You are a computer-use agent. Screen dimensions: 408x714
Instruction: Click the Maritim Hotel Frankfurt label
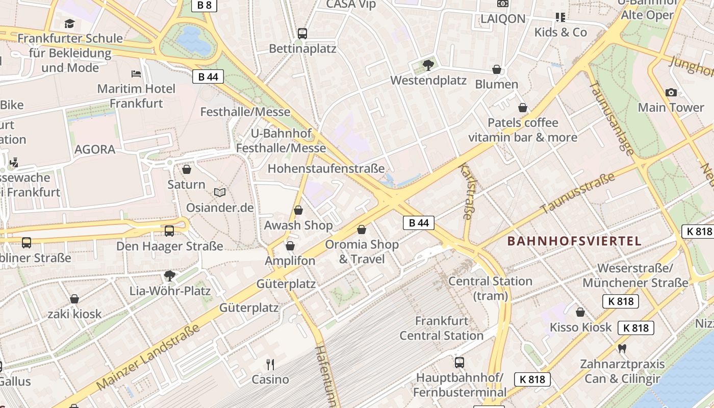pyautogui.click(x=136, y=96)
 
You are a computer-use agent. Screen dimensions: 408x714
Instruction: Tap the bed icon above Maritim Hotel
pyautogui.click(x=136, y=74)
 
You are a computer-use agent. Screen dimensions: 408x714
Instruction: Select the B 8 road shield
pyautogui.click(x=205, y=6)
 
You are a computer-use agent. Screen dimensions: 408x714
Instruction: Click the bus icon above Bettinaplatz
pyautogui.click(x=302, y=34)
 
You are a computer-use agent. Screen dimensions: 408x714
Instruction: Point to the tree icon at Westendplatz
pyautogui.click(x=428, y=65)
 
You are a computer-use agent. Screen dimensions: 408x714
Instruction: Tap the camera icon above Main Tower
pyautogui.click(x=671, y=92)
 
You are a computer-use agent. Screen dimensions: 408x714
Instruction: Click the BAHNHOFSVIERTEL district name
pyautogui.click(x=574, y=241)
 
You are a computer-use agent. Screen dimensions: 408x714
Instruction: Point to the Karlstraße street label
pyautogui.click(x=467, y=191)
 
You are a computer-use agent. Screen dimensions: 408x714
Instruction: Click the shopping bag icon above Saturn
pyautogui.click(x=187, y=169)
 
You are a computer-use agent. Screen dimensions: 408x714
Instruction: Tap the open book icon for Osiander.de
pyautogui.click(x=220, y=192)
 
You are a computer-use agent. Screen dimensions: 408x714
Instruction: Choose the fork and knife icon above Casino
pyautogui.click(x=270, y=364)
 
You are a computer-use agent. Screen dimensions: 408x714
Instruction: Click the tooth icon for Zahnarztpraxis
pyautogui.click(x=622, y=349)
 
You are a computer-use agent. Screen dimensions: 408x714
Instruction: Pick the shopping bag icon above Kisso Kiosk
pyautogui.click(x=580, y=312)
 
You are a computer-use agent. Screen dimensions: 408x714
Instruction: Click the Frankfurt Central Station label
pyautogui.click(x=442, y=328)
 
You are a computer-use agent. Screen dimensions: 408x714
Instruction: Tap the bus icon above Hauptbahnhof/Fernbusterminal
pyautogui.click(x=460, y=362)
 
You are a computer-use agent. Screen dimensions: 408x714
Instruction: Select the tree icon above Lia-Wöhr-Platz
pyautogui.click(x=170, y=276)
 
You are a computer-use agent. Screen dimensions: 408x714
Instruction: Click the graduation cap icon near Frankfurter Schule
pyautogui.click(x=69, y=23)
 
